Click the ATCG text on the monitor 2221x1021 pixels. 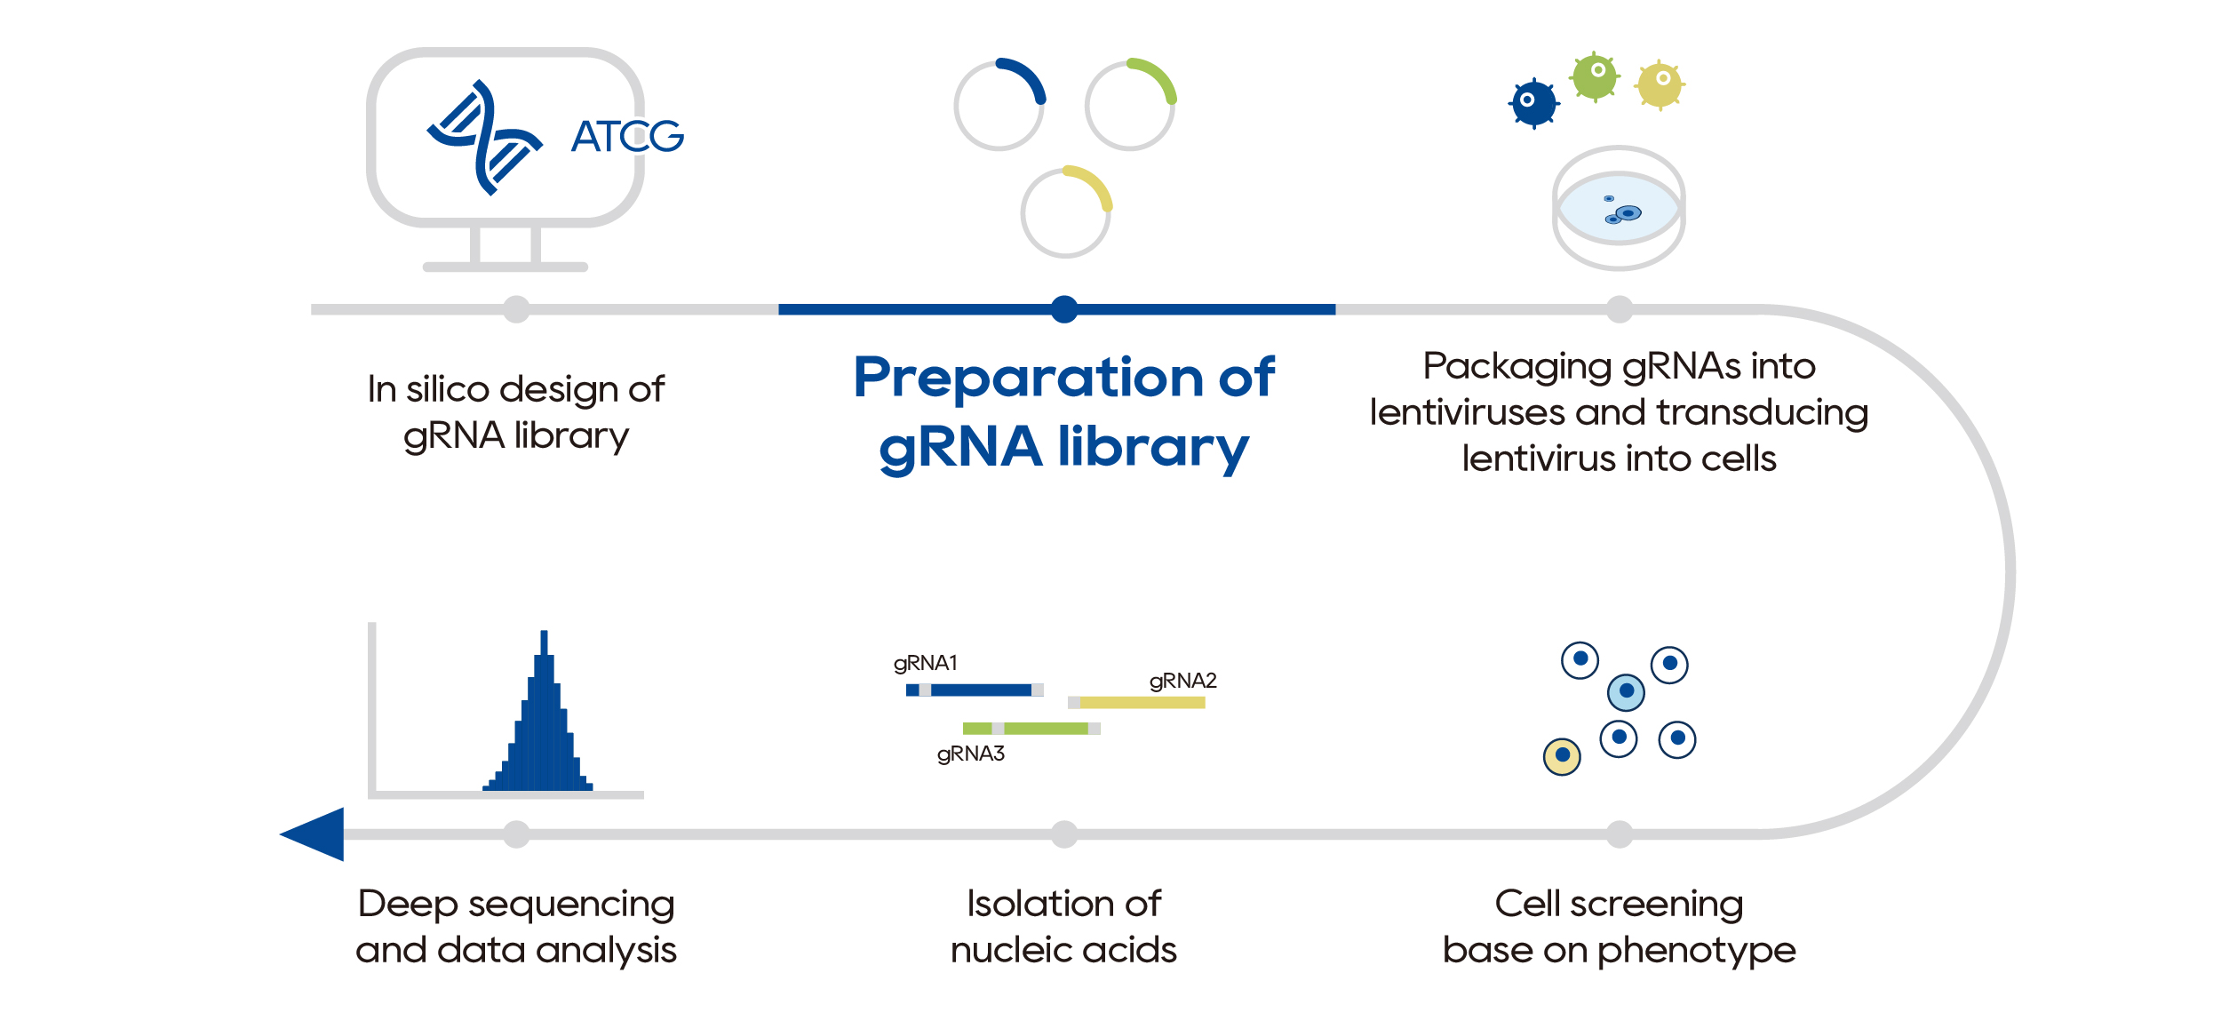tap(627, 136)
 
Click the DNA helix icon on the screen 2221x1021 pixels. tap(484, 138)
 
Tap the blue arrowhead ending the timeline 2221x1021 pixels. tap(314, 834)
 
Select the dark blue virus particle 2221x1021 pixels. tap(1533, 103)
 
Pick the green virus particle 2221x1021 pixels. tap(1595, 76)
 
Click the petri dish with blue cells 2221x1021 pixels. tap(1618, 209)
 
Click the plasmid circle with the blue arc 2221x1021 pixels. tap(999, 105)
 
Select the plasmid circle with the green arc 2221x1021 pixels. tap(1130, 105)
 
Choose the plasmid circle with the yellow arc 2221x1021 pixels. tap(1065, 212)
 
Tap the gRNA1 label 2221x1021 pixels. tap(925, 663)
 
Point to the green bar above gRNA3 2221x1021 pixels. tap(1031, 729)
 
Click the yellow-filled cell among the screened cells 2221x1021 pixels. tap(1562, 756)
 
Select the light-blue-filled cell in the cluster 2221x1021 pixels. tap(1626, 691)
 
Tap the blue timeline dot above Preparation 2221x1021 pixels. tap(1064, 309)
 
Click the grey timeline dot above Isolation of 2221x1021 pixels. tap(1064, 834)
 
